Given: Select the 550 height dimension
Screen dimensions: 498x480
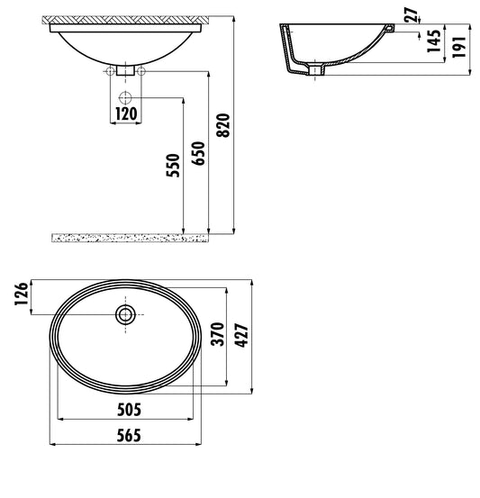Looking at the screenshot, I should (x=176, y=166).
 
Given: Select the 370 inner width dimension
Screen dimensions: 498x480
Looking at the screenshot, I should (x=216, y=336).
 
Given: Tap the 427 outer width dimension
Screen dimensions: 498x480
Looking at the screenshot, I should (x=241, y=334).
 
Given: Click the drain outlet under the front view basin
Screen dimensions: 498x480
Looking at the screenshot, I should (x=125, y=69).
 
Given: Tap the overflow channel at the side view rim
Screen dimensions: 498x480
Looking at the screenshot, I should (x=389, y=31).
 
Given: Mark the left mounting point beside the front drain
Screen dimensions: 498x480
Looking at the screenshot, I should (x=110, y=70).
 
